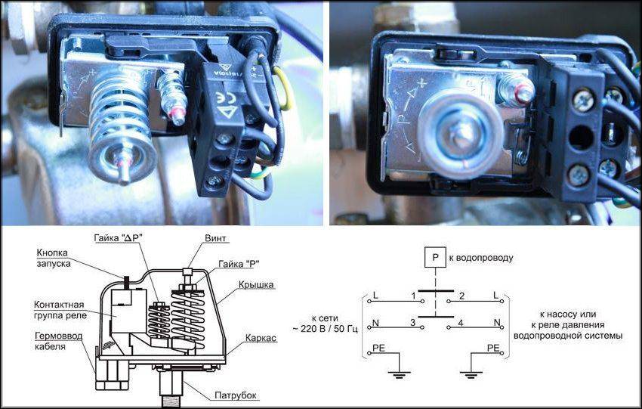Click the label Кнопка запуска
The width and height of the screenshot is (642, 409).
pyautogui.click(x=54, y=258)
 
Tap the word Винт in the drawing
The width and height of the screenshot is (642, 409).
pyautogui.click(x=215, y=238)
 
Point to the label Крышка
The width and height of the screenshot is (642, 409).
pyautogui.click(x=256, y=284)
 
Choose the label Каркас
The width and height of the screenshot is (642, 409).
pyautogui.click(x=261, y=338)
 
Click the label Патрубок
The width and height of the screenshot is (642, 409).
pyautogui.click(x=236, y=395)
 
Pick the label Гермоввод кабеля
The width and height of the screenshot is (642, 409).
pyautogui.click(x=59, y=341)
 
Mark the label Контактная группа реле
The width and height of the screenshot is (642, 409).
pyautogui.click(x=60, y=310)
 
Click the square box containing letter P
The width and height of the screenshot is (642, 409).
pyautogui.click(x=435, y=257)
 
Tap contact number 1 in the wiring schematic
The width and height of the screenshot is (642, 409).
pyautogui.click(x=414, y=296)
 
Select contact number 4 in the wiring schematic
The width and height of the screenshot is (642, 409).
pyautogui.click(x=460, y=323)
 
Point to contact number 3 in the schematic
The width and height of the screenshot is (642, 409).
pyautogui.click(x=412, y=323)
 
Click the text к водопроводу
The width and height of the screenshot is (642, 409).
pyautogui.click(x=481, y=258)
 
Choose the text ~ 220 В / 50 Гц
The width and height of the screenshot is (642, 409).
pyautogui.click(x=325, y=329)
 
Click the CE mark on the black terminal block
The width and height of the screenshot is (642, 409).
pyautogui.click(x=222, y=99)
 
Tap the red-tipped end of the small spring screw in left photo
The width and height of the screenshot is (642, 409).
pyautogui.click(x=178, y=117)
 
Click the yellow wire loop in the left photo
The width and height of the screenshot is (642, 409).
pyautogui.click(x=285, y=88)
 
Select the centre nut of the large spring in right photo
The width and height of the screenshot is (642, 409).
pyautogui.click(x=461, y=132)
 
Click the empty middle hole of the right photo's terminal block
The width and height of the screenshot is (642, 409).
pyautogui.click(x=581, y=138)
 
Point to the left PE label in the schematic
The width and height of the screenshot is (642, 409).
pyautogui.click(x=378, y=348)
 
